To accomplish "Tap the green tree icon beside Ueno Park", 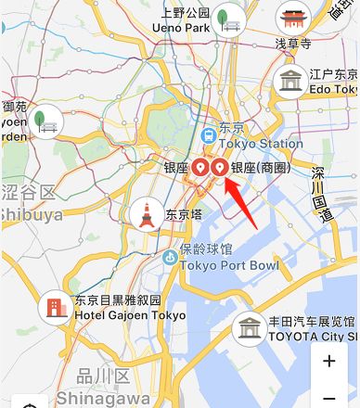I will (225, 18).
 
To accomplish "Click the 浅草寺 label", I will (291, 43).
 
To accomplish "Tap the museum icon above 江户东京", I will (292, 81).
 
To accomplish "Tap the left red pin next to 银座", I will (199, 168).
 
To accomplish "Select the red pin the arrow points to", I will (220, 168).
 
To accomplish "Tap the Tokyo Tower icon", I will (144, 215).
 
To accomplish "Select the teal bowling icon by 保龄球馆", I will (169, 257).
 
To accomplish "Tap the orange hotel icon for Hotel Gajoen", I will (55, 306).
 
